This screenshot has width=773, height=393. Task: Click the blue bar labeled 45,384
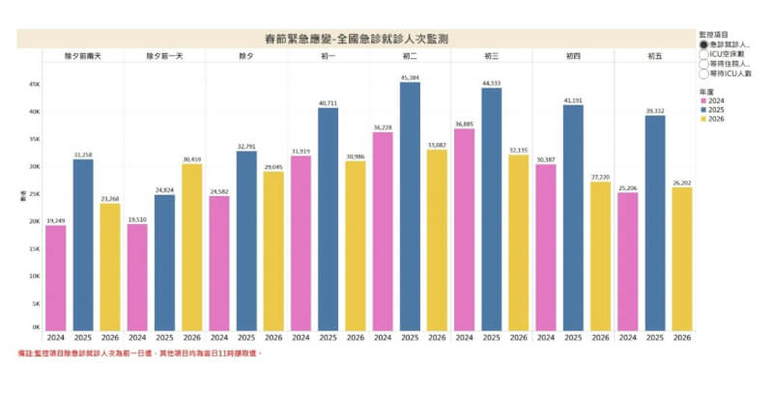(x=410, y=207)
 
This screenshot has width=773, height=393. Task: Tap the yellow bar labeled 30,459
(x=191, y=247)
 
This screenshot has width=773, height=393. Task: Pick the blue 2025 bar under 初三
(x=492, y=210)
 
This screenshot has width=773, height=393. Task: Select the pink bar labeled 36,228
(x=383, y=232)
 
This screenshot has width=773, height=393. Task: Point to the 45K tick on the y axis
(x=33, y=84)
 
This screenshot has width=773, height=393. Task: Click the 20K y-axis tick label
(x=33, y=221)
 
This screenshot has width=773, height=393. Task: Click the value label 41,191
(x=573, y=100)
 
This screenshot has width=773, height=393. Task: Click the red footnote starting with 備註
(x=140, y=353)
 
